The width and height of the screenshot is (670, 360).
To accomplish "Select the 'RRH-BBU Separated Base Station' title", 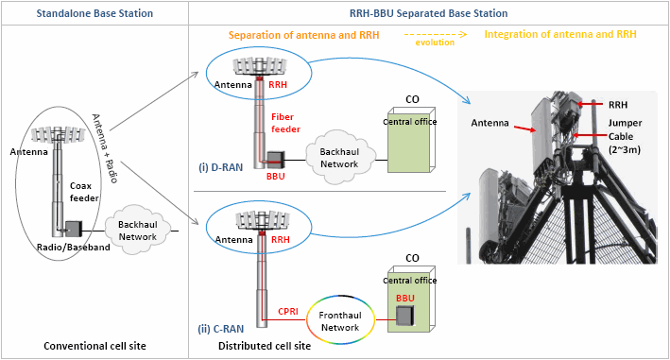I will (429, 13).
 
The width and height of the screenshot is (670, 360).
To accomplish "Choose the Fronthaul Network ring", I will (339, 321).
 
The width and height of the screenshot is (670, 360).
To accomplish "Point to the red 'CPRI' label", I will (288, 309).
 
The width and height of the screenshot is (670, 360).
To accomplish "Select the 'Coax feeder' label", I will (84, 193).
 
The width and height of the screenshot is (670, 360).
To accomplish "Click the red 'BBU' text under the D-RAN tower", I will (276, 176).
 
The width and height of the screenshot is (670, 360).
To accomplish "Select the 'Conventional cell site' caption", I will (94, 346).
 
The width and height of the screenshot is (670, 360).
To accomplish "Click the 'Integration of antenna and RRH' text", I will (559, 35).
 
